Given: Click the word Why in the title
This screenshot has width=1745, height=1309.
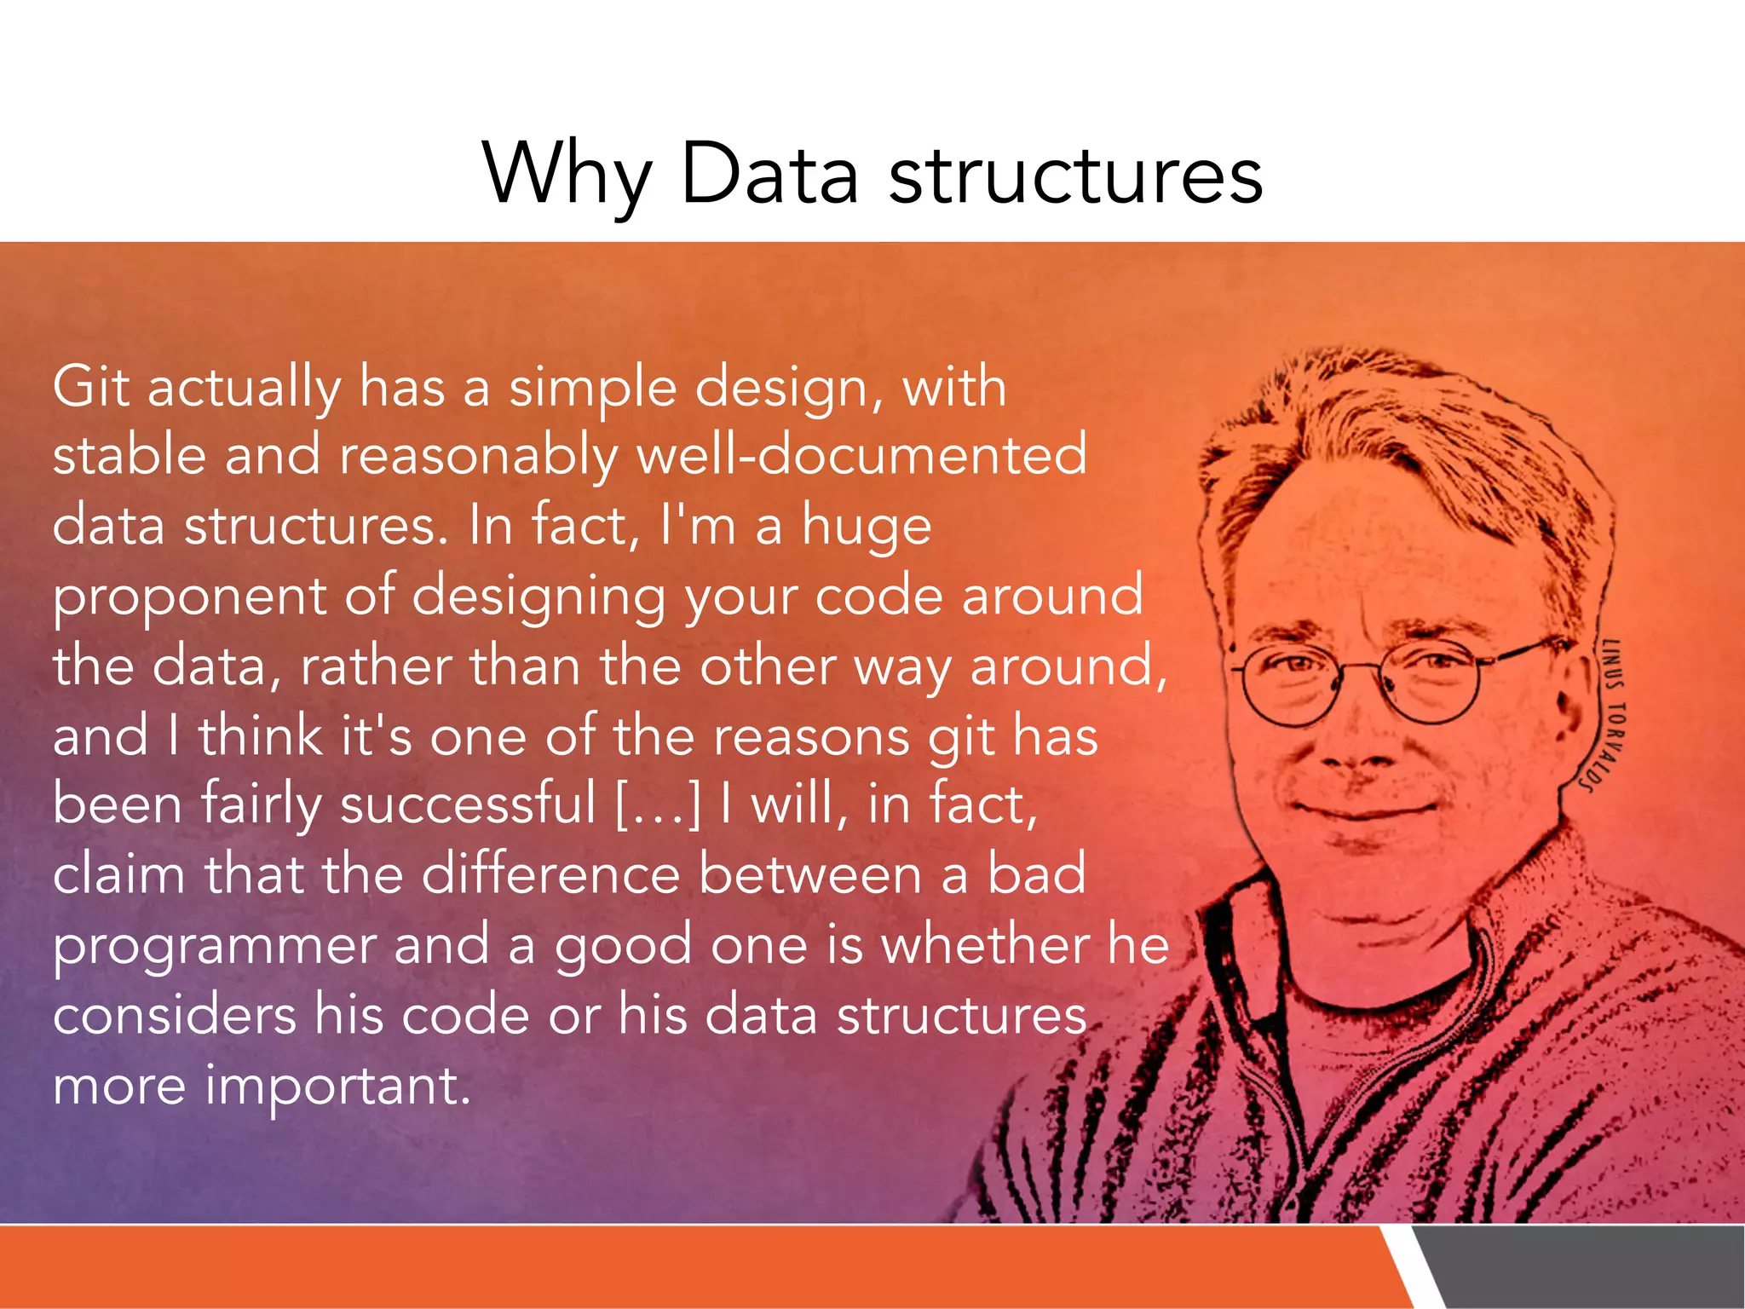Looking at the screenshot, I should point(567,175).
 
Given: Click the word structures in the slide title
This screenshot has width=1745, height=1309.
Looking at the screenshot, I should point(1075,175).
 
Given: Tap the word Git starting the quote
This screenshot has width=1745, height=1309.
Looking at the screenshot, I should point(90,388).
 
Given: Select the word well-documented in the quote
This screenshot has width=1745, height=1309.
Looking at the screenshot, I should point(861,455).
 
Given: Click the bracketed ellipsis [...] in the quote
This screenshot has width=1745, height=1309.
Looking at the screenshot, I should point(658,804).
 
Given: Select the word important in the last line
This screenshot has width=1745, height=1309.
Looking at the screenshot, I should point(337,1086).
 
